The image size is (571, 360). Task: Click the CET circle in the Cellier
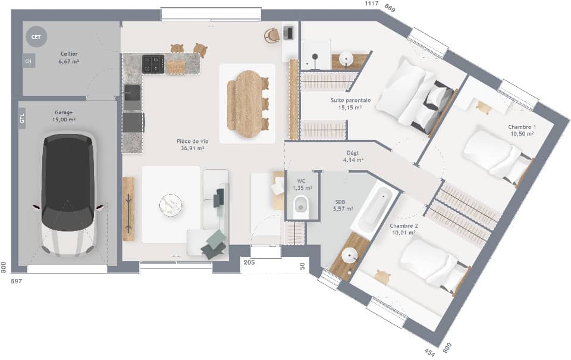[x=36, y=37]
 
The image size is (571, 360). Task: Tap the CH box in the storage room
[x=28, y=60]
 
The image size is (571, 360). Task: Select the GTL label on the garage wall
[x=22, y=120]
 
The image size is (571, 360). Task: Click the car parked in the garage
[x=68, y=193]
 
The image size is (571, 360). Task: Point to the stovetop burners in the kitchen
[x=153, y=64]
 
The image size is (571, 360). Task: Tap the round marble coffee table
[x=171, y=205]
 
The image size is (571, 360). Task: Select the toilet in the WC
[x=300, y=204]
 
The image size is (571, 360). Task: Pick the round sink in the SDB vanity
[x=349, y=255]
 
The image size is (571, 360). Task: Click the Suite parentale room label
[x=350, y=101]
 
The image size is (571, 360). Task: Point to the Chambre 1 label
[x=522, y=127]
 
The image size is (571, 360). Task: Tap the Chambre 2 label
[x=404, y=226]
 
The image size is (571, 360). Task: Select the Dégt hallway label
[x=353, y=152]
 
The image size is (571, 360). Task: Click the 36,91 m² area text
[x=190, y=149]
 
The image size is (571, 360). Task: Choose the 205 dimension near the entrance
[x=249, y=262]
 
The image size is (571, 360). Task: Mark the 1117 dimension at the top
[x=372, y=4]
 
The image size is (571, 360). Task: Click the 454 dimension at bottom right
[x=429, y=352]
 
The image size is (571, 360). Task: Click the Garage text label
[x=64, y=112]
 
